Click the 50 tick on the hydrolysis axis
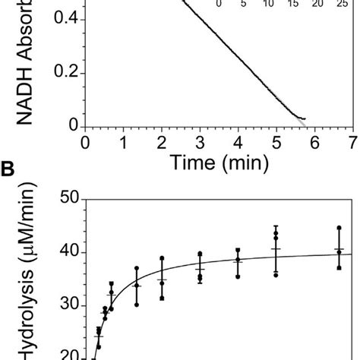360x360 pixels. (x=69, y=199)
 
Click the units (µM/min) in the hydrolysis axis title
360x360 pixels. (x=27, y=262)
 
